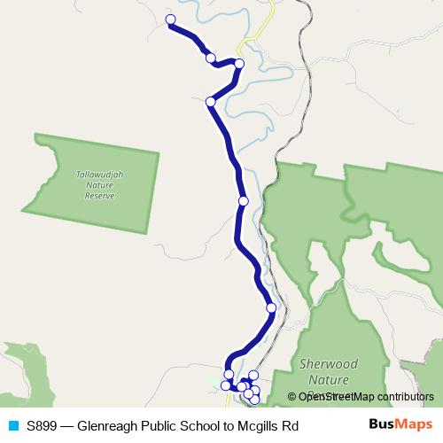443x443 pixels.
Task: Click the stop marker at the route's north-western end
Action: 170,19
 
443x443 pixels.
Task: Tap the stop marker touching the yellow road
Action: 239,63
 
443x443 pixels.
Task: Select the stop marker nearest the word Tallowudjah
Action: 211,102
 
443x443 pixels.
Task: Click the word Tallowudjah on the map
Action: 99,175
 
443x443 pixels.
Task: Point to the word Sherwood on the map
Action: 329,364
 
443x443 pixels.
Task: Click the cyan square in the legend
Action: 12,426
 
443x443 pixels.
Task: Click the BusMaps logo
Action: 401,425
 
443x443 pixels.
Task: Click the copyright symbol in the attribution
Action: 291,397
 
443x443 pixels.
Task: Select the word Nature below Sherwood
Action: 329,379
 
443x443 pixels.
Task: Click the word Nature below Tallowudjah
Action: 99,185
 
